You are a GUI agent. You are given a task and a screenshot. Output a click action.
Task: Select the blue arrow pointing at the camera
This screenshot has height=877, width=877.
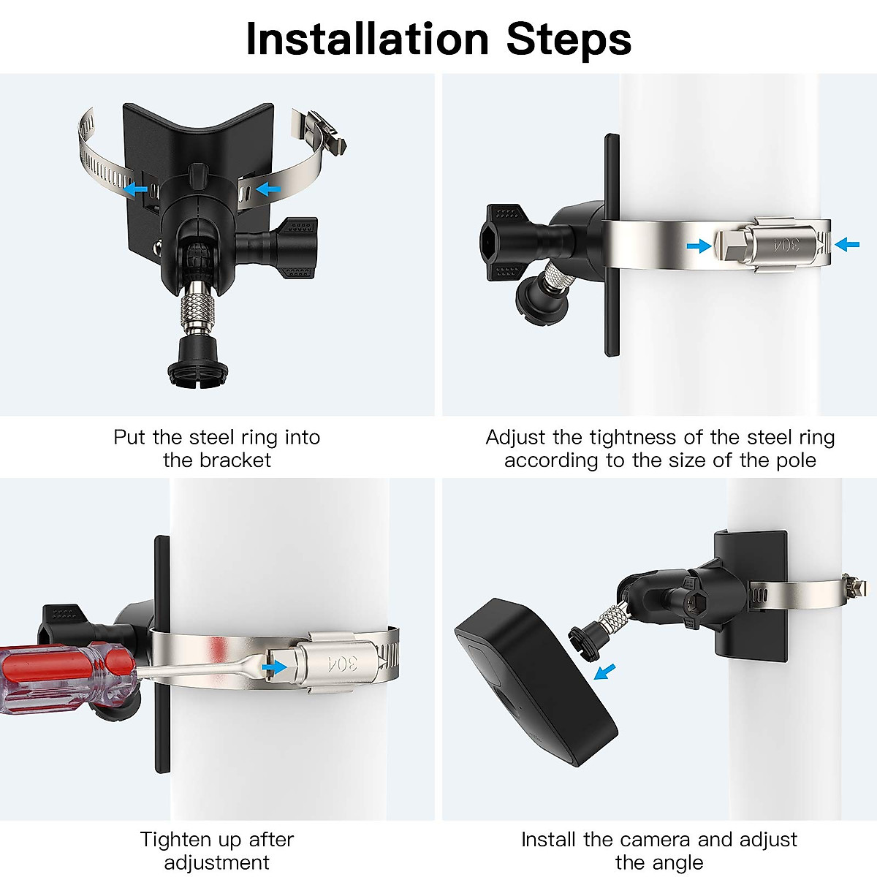pyautogui.click(x=604, y=670)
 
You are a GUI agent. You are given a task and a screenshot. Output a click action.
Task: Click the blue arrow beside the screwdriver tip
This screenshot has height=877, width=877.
pyautogui.click(x=275, y=667)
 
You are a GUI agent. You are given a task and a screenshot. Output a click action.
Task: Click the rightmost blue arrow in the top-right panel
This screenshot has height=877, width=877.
pyautogui.click(x=847, y=244)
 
